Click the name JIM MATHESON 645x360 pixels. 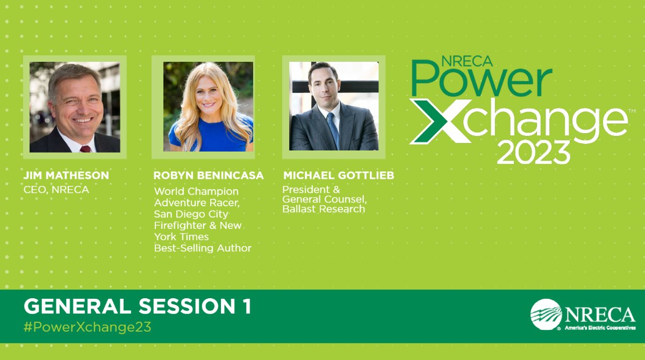66,176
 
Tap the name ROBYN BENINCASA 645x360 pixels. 209,176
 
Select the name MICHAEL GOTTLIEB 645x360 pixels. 338,176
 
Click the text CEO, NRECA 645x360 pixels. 56,190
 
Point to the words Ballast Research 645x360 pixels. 324,209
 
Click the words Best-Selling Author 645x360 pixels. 203,248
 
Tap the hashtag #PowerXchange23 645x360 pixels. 88,327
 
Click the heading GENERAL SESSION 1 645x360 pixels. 137,306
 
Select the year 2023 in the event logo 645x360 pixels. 533,152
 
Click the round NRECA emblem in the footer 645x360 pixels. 546,314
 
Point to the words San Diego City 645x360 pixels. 191,214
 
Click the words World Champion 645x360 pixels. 196,191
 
